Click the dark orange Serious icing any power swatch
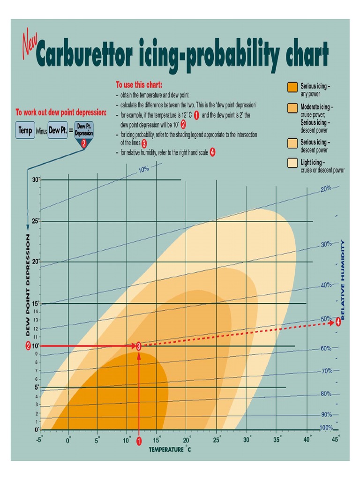pyautogui.click(x=292, y=87)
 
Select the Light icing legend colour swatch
pyautogui.click(x=292, y=163)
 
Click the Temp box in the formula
pyautogui.click(x=25, y=130)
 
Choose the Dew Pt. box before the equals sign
pyautogui.click(x=57, y=130)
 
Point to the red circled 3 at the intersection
pyautogui.click(x=139, y=346)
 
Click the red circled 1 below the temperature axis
pyautogui.click(x=139, y=441)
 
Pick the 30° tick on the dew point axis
pyautogui.click(x=36, y=180)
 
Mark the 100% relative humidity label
pyautogui.click(x=326, y=427)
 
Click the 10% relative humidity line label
pyautogui.click(x=143, y=170)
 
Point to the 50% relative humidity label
pyautogui.click(x=326, y=319)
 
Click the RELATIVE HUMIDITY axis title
pyautogui.click(x=343, y=280)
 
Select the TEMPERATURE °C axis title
pyautogui.click(x=170, y=450)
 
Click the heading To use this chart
pyautogui.click(x=139, y=85)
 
